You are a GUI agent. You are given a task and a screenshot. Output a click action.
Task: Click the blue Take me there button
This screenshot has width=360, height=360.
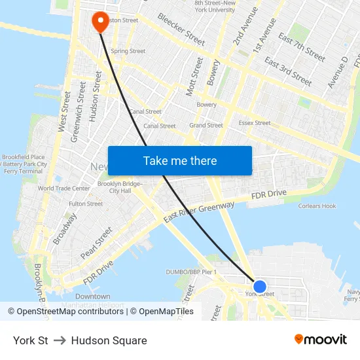[x=180, y=161]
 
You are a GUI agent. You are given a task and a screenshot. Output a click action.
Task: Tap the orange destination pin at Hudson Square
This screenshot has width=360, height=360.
[x=101, y=22]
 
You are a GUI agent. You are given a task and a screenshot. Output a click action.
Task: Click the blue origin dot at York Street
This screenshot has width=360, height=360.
[x=260, y=287]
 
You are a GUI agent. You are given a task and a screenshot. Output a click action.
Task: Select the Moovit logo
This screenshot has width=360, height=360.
[x=320, y=340]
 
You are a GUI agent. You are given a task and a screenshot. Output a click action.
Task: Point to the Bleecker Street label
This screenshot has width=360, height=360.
[x=181, y=30]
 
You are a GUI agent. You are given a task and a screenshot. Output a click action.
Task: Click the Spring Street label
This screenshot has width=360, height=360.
[x=128, y=51]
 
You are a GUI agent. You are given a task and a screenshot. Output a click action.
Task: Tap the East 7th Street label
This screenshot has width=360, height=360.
[x=301, y=48]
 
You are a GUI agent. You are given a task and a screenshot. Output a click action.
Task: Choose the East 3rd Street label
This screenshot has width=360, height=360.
[x=288, y=71]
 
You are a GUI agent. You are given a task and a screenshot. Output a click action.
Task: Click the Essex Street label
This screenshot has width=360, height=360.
[x=255, y=123]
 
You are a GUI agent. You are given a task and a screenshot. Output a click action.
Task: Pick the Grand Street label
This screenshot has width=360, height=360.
[x=206, y=126]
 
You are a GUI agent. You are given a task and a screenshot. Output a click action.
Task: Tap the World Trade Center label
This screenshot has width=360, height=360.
[x=63, y=189]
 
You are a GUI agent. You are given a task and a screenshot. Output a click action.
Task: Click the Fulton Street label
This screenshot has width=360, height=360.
[x=86, y=204]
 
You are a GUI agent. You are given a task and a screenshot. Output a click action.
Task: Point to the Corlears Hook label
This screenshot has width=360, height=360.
[x=317, y=206]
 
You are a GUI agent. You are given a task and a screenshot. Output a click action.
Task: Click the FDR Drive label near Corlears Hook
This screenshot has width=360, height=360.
[x=269, y=194]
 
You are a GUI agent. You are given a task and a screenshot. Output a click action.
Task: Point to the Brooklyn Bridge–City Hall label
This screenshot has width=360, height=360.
[x=119, y=187]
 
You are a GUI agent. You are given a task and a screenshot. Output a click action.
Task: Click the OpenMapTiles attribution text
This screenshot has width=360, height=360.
[x=166, y=312]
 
